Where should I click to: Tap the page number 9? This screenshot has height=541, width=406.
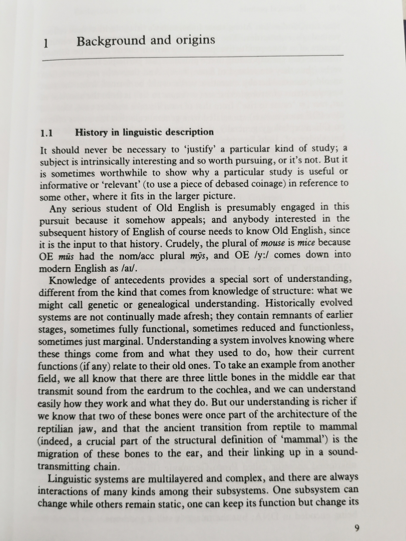[x=356, y=528]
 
